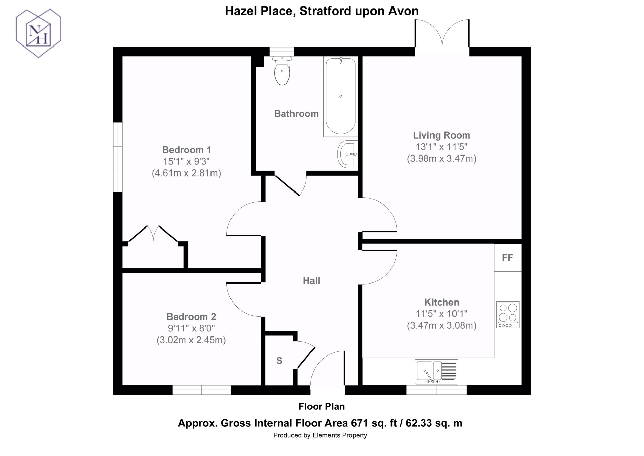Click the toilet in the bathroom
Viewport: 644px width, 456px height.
tap(282, 71)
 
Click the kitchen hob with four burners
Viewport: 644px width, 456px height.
tap(508, 314)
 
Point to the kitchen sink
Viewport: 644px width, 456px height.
tap(436, 372)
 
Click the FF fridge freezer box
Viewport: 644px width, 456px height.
tap(508, 258)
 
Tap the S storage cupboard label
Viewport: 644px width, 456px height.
tap(279, 361)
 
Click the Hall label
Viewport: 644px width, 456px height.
tap(311, 280)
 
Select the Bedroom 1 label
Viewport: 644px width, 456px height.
tap(187, 150)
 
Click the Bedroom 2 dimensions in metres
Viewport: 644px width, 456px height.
tap(191, 340)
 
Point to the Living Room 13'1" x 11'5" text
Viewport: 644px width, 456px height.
tap(442, 147)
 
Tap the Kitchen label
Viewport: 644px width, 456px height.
tap(442, 302)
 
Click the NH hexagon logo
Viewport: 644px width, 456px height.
tap(39, 33)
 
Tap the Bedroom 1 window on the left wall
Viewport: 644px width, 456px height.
tap(118, 157)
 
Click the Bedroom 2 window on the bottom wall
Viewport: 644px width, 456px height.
tap(202, 390)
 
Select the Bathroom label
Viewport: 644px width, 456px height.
tap(296, 114)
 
